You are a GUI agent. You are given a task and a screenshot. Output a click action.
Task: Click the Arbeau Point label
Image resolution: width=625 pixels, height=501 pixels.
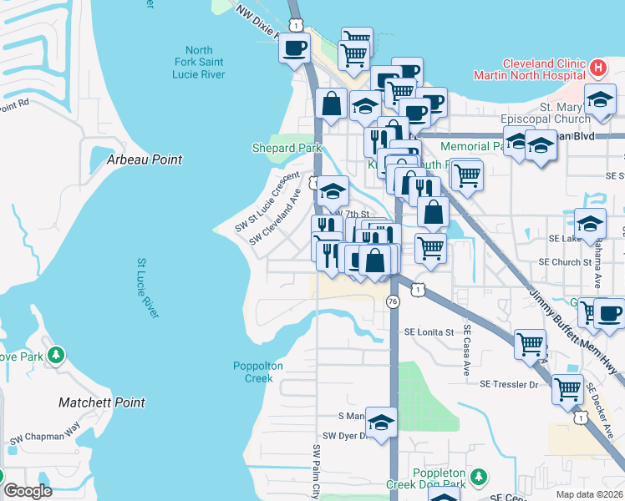coord(145,159)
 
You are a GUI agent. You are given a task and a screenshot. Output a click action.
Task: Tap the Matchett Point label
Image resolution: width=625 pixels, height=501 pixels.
coord(102,402)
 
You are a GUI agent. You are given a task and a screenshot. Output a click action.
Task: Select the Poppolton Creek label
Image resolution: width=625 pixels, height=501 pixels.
coord(258,372)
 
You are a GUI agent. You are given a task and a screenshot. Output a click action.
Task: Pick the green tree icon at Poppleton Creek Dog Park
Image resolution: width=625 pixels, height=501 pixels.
coord(478,478)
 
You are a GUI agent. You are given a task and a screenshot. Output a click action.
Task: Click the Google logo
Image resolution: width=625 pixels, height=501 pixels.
coord(28,491)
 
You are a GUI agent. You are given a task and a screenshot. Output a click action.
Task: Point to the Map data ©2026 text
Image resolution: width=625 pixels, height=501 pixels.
coord(589,494)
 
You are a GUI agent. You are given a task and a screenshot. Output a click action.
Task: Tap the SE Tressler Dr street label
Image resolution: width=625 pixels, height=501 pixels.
coord(513,384)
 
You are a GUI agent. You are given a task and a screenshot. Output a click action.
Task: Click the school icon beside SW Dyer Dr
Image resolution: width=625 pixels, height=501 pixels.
coord(381,422)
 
